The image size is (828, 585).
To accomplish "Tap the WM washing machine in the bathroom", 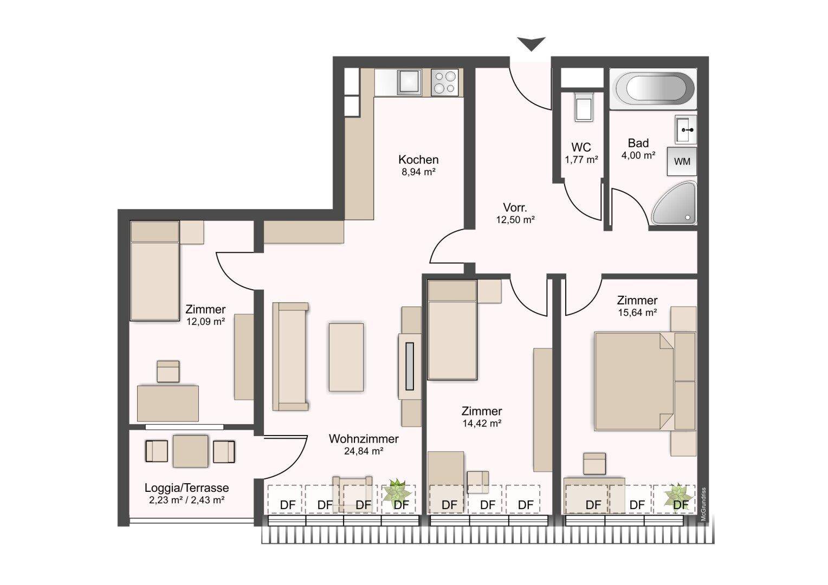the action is [682, 161].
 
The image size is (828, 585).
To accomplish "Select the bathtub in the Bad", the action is [653, 89].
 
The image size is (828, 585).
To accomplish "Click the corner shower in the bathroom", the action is [675, 203].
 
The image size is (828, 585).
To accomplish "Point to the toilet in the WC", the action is [584, 107].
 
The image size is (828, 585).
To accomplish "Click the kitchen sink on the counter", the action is [409, 82].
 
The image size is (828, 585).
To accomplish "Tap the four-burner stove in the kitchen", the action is [445, 82].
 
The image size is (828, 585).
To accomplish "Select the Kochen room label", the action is [418, 160].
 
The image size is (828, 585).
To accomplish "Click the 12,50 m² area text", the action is [515, 220].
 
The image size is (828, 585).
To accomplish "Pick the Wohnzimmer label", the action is [364, 439].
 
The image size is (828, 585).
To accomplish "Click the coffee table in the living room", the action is [346, 357].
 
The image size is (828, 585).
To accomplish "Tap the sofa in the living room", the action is [290, 356].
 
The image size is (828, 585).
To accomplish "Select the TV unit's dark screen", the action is [410, 366].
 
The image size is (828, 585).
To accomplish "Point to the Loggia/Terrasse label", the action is [186, 488].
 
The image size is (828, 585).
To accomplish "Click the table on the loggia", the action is [190, 451].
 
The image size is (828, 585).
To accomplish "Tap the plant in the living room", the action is [397, 491].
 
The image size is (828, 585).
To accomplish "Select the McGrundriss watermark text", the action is [703, 504].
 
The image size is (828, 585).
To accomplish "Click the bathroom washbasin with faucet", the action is [685, 129].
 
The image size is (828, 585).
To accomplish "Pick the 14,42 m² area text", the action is [482, 424].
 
